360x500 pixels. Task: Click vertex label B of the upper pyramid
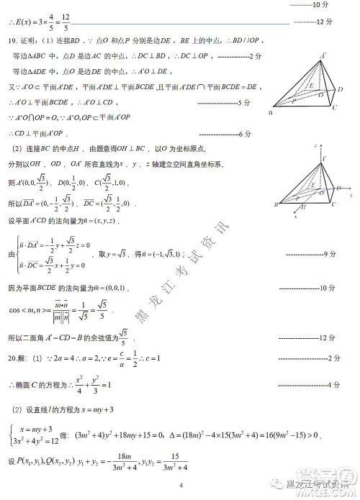pyautogui.click(x=271, y=113)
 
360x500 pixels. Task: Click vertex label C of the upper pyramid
pyautogui.click(x=334, y=108)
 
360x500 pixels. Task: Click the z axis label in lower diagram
pyautogui.click(x=315, y=145)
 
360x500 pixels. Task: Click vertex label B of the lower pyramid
pyautogui.click(x=276, y=206)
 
